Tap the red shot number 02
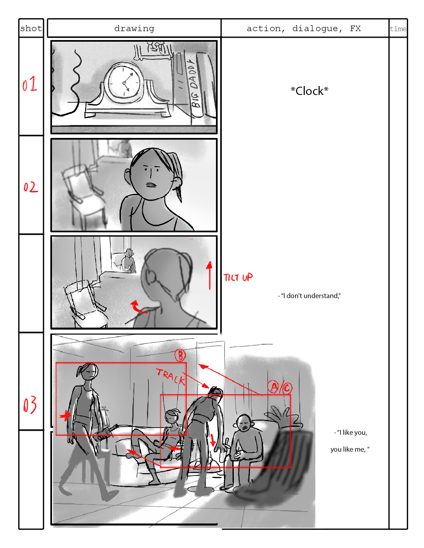pos(30,187)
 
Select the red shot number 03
pos(30,405)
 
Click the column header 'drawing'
pos(134,28)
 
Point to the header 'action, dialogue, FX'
pos(304,28)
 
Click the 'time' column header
pos(398,29)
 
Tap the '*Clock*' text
pos(309,91)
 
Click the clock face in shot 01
pos(124,82)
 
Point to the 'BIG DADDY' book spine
pos(194,83)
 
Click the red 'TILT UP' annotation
pos(238,277)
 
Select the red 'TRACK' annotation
pos(171,377)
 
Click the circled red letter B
pos(180,356)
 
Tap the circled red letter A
pos(273,387)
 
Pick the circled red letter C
pos(287,388)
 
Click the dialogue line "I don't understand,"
pos(309,296)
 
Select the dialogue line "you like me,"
pos(350,449)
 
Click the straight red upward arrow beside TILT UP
pos(209,275)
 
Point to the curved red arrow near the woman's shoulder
pos(138,307)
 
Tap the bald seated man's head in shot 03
pos(243,423)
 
